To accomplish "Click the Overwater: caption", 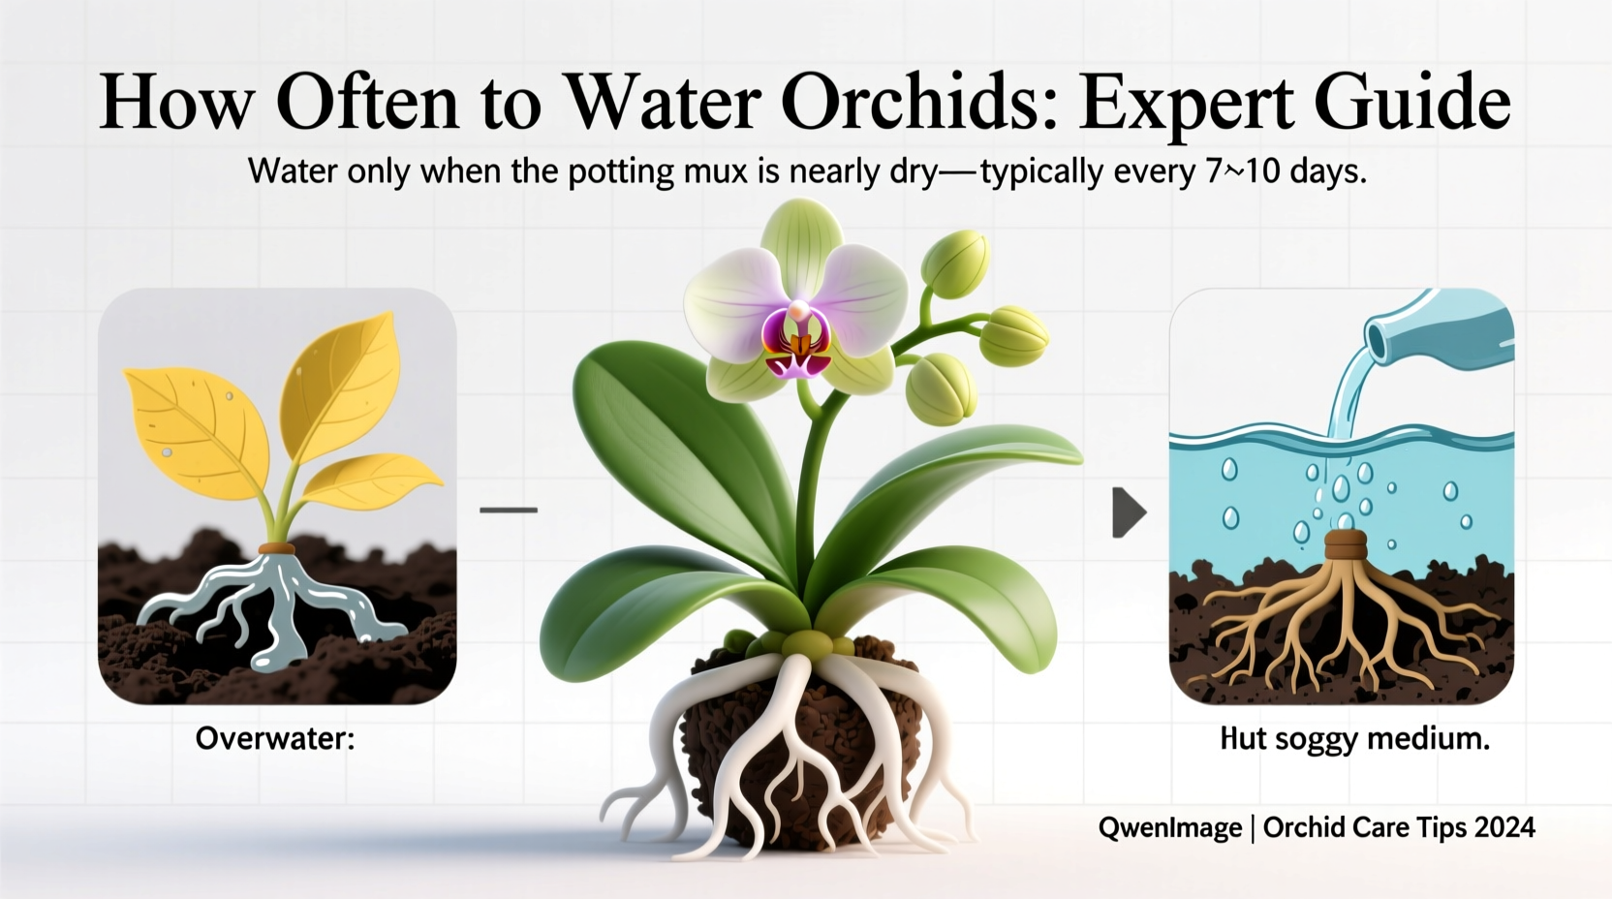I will click(x=275, y=739).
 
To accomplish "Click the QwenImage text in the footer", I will click(x=1169, y=827).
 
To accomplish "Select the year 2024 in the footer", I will click(x=1504, y=827).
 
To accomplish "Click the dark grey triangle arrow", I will click(x=1128, y=512).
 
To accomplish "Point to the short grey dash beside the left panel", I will click(x=509, y=509).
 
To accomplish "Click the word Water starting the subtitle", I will click(x=288, y=171).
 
